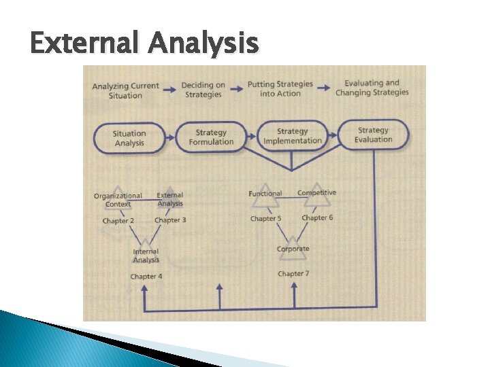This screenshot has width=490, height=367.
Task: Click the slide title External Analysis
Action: coord(144,44)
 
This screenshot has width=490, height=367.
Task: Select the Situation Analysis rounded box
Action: coord(129,138)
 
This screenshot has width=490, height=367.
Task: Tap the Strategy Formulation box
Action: coord(210,137)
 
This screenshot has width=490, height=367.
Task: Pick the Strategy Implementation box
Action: coord(293,136)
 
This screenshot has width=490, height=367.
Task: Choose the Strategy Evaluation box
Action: coord(373,135)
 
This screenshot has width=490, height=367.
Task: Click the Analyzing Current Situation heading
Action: coord(125,90)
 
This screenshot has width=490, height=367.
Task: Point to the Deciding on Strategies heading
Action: coord(203,90)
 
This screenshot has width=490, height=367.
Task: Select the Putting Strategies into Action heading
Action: coord(280,89)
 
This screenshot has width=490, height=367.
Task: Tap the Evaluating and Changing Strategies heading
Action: coord(372,88)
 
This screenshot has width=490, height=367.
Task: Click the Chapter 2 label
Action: coord(118,221)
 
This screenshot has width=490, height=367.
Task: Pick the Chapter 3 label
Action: coord(170,220)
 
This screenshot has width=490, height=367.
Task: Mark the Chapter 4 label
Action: coord(146,277)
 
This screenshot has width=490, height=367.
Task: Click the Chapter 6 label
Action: coord(317,218)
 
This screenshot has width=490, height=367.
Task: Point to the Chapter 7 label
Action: coord(293,274)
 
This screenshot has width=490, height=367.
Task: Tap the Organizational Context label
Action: coord(118,200)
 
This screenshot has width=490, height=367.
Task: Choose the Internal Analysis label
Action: coord(146,256)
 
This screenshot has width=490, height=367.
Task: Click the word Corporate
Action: coord(293,249)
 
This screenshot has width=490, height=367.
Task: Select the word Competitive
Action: coord(316,193)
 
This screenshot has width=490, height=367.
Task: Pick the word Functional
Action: coord(265,194)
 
